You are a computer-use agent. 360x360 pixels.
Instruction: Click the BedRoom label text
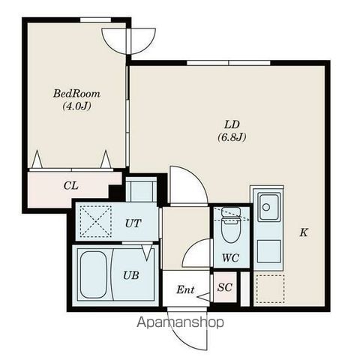point(76,94)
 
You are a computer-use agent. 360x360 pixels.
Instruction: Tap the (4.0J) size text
point(76,106)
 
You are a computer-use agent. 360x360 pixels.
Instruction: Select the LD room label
point(232,124)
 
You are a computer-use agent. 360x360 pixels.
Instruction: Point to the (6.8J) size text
point(232,136)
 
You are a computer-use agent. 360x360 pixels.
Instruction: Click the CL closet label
point(70,186)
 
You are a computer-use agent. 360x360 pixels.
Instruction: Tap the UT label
point(133,223)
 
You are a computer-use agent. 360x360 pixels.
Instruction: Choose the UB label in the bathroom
point(130,275)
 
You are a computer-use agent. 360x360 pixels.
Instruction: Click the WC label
point(230,258)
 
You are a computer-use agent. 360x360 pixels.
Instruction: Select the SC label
point(225,287)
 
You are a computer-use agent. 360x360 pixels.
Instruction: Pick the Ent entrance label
point(185,289)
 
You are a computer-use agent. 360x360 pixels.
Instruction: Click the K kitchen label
point(304,232)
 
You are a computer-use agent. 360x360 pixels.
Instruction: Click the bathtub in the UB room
point(94,274)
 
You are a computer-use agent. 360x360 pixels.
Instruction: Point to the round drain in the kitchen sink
point(266,207)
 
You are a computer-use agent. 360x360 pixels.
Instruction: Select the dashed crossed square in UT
point(96,221)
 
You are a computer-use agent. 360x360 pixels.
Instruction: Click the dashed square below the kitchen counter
point(271,289)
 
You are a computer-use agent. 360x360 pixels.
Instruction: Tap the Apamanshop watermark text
point(180,322)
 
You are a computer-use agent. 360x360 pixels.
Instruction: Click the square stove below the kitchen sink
point(269,251)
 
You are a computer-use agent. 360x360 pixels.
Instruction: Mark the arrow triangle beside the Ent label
point(204,297)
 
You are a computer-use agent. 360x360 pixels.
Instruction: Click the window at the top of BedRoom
point(95,20)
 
